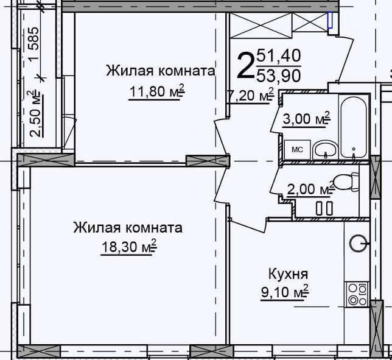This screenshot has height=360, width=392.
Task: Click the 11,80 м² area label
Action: click(157, 91)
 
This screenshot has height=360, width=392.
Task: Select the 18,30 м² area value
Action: click(129, 247)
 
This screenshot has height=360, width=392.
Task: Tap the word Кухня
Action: click(288, 275)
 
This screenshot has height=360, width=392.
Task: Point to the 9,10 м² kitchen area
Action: click(285, 292)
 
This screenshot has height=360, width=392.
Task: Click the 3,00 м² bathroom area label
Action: click(307, 119)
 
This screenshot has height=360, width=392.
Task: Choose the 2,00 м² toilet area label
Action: click(311, 189)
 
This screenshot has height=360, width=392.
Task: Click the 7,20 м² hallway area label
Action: click(251, 95)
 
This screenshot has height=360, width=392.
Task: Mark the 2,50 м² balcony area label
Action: click(35, 114)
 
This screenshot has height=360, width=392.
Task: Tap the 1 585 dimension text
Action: click(33, 44)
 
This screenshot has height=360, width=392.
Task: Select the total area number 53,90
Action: click(279, 76)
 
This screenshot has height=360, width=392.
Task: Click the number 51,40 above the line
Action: click(279, 55)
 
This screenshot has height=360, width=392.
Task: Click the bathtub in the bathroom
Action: click(354, 127)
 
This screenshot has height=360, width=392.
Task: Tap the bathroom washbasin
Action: click(326, 150)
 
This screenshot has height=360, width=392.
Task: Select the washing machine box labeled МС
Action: click(297, 150)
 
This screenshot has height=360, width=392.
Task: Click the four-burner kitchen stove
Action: click(357, 294)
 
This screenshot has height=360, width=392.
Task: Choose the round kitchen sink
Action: click(358, 243)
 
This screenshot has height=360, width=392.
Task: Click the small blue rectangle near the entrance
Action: click(330, 20)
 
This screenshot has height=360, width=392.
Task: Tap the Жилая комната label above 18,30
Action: click(128, 228)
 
